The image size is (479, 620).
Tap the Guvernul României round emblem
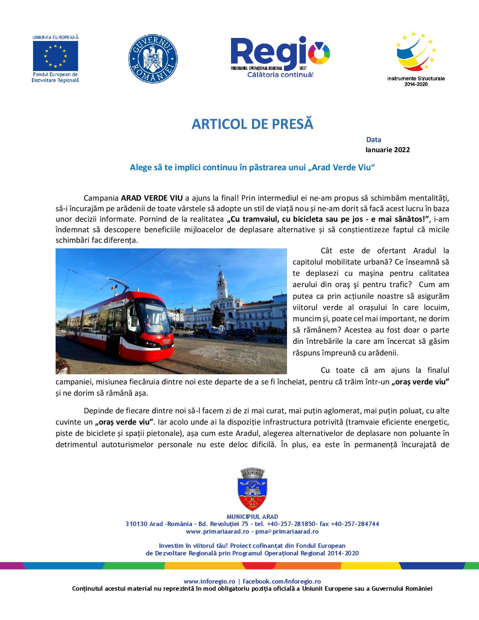pos(153,59)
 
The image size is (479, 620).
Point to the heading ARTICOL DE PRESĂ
pos(252,124)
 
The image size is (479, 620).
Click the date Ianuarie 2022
pos(388,150)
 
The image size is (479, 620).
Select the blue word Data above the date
pos(374,140)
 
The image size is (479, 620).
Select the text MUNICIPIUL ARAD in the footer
pos(252,517)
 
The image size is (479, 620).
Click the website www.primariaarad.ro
pos(218,532)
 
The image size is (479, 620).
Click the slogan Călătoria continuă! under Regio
pos(280,75)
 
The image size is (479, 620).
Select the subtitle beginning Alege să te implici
pos(252,168)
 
